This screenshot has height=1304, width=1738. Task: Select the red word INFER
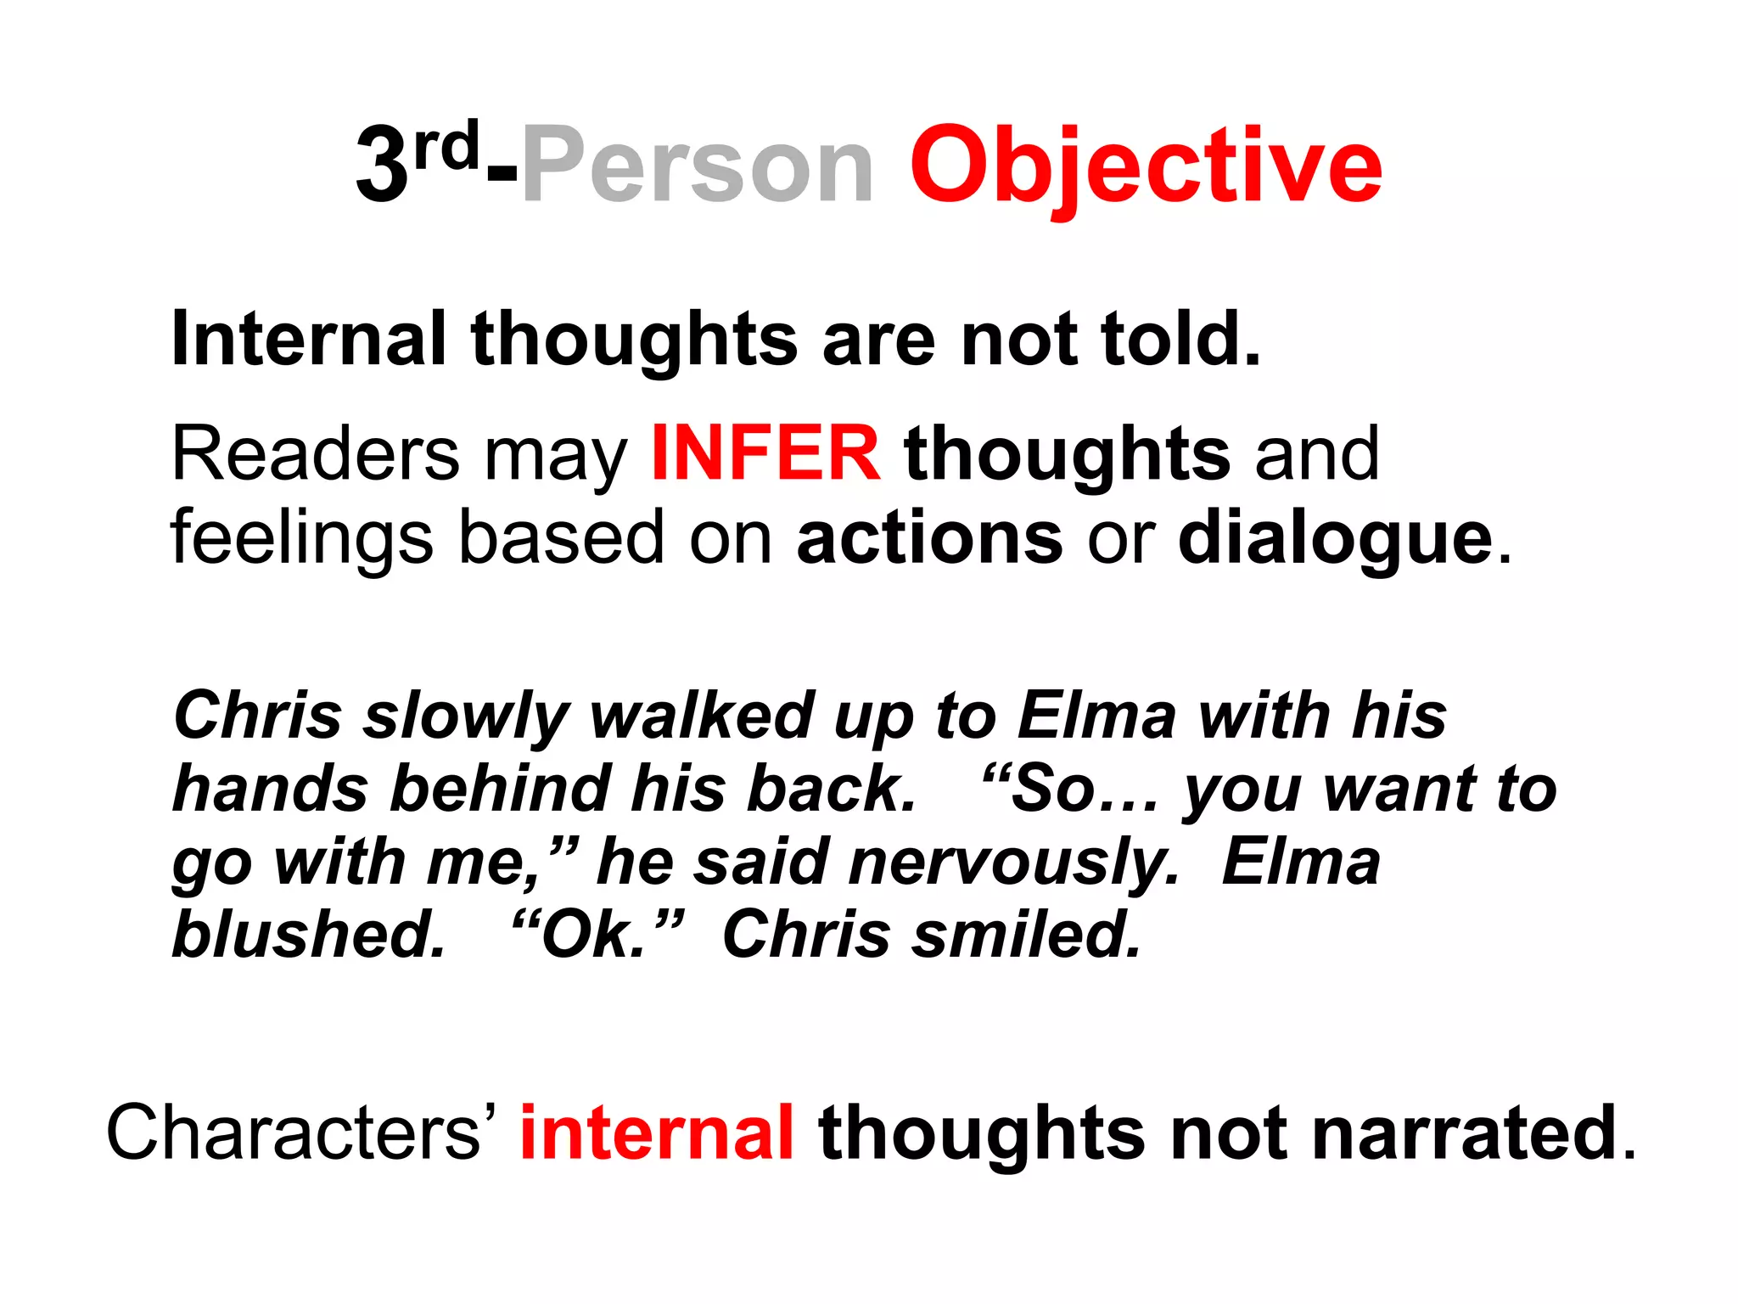(765, 454)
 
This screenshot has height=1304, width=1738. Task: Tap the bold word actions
(929, 537)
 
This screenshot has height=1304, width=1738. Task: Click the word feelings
(302, 539)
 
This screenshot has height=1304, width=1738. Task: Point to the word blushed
(309, 935)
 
